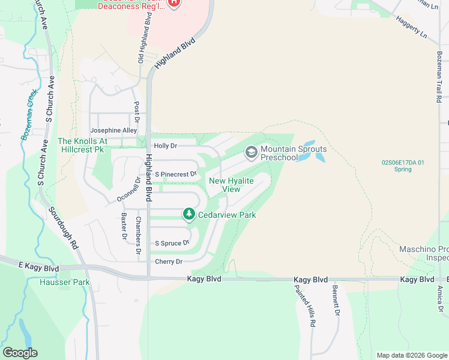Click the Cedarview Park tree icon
189,214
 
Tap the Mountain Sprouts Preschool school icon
251,153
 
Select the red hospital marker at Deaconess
174,2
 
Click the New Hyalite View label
231,185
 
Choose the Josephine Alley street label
113,130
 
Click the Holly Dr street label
166,146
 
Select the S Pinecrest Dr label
176,174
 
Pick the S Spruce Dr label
172,243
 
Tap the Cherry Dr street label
168,262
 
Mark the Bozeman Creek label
29,115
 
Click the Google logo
20,353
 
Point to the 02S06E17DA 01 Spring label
403,166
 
